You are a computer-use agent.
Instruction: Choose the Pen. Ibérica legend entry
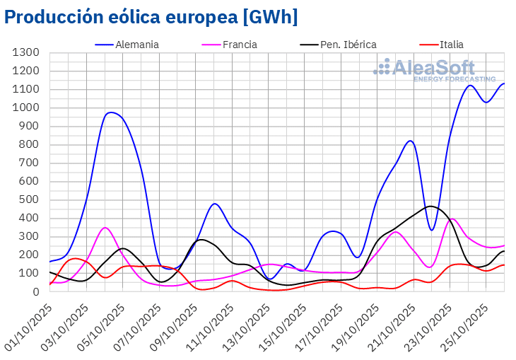(x=346, y=45)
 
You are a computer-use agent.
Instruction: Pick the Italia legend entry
(x=451, y=45)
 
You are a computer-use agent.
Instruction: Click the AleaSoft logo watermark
(x=435, y=71)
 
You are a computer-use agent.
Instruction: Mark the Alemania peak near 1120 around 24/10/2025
(x=469, y=86)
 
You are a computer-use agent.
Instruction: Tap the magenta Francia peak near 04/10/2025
(x=105, y=228)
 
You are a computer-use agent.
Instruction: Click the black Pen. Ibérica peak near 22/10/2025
(x=430, y=207)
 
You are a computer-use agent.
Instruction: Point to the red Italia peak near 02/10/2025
(x=75, y=258)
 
